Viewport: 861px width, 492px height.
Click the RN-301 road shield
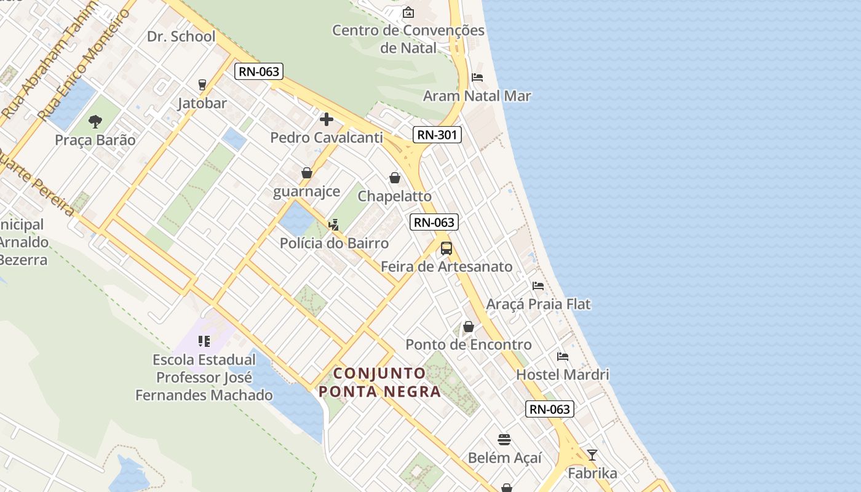[x=437, y=135]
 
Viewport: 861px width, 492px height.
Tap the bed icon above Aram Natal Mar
[x=477, y=77]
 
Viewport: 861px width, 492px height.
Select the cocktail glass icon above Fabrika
[x=592, y=455]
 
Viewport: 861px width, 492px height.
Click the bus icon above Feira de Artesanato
[x=446, y=248]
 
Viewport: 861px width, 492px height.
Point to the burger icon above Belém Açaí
[x=504, y=440]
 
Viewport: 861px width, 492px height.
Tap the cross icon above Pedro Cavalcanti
[x=327, y=119]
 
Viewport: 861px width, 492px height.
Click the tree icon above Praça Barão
[x=95, y=122]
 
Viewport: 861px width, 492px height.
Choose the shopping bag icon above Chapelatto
[x=395, y=178]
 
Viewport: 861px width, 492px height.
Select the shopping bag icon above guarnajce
[x=306, y=173]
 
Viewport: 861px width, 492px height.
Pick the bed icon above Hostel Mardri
[x=562, y=356]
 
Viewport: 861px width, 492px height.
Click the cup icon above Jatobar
[x=202, y=85]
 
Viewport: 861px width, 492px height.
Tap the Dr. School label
[x=181, y=36]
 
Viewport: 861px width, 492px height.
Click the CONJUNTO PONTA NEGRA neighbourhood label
[x=379, y=382]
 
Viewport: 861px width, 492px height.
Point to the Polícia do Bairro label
[x=334, y=243]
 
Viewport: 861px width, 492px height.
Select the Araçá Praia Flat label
[x=538, y=304]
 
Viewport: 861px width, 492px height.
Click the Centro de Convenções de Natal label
[x=408, y=39]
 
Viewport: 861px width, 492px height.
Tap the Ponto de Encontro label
[x=469, y=344]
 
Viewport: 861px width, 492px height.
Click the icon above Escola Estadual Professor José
[x=204, y=341]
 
